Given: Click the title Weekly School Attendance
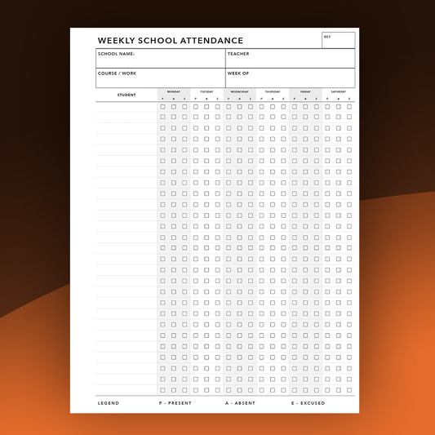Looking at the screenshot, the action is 170,40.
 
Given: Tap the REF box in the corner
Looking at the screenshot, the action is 338,40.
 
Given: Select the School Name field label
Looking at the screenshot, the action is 116,54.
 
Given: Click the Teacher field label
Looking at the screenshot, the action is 238,54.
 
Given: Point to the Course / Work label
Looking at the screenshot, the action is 117,73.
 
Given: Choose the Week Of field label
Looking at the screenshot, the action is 238,73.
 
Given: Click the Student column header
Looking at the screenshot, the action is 127,95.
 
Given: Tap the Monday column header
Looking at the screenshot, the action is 174,91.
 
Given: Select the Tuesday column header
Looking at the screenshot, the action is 206,91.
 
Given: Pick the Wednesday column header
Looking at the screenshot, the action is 239,91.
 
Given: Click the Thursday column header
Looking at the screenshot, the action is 273,91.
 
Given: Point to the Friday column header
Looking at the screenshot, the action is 305,91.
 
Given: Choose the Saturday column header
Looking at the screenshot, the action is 338,91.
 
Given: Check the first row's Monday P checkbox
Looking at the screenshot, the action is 162,106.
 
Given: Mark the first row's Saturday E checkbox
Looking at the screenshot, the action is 349,106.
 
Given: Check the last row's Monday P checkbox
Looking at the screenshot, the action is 162,390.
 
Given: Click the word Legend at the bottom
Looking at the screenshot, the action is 109,403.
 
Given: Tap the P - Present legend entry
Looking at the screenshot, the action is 175,403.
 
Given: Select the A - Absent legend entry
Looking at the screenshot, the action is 240,403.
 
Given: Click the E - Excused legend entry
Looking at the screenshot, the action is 308,403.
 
